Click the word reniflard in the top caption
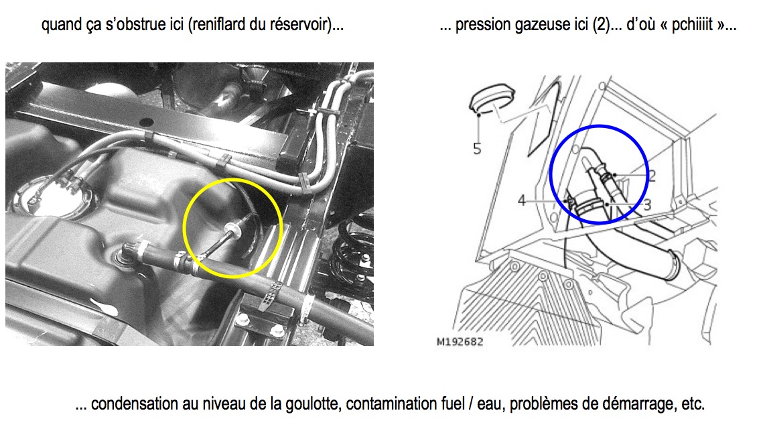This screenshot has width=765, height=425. (x=219, y=24)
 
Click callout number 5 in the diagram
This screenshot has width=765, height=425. (x=477, y=149)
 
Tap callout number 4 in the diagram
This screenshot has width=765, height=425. (x=522, y=200)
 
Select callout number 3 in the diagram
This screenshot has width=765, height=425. (x=647, y=205)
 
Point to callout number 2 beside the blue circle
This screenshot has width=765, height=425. (x=652, y=175)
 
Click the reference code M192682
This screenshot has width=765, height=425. (x=460, y=342)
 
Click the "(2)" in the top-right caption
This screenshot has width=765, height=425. (x=601, y=25)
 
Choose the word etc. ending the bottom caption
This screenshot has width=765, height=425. (x=693, y=404)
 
